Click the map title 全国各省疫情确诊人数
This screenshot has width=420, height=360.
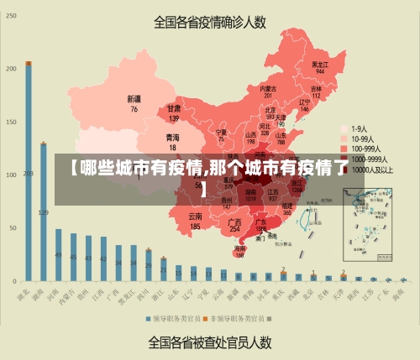[210, 23]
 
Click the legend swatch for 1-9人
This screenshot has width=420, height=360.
[344, 129]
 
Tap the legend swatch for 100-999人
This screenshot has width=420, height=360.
[344, 149]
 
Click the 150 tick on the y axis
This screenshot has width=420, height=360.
[11, 121]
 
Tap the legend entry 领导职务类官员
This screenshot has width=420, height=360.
[177, 319]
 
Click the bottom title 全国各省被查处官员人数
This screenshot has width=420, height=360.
[210, 342]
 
